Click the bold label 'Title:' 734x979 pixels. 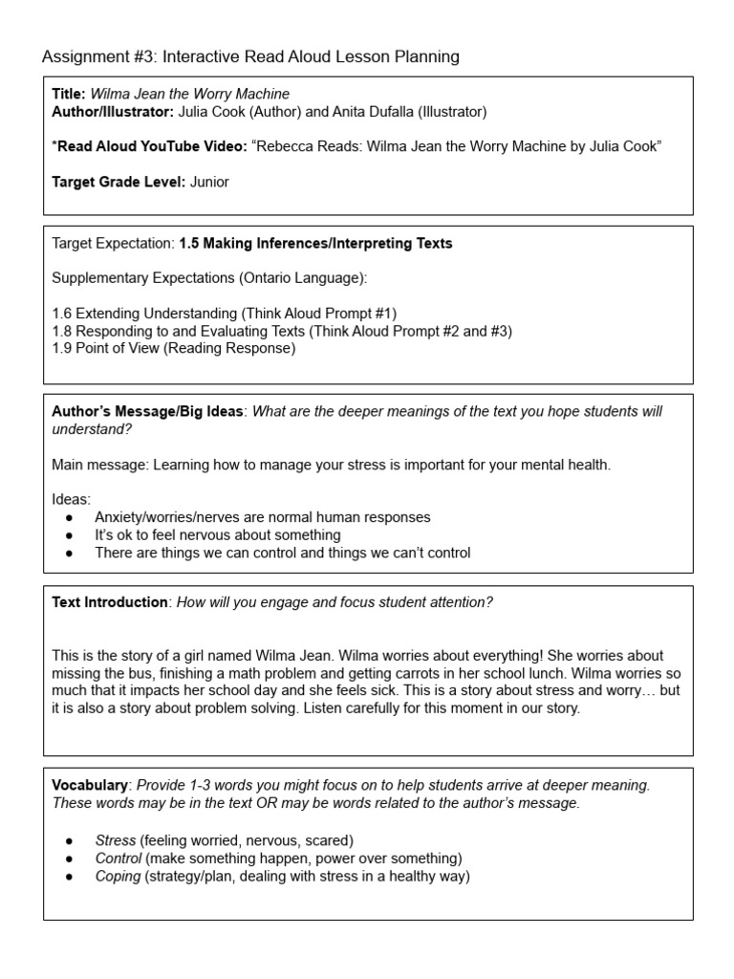69,94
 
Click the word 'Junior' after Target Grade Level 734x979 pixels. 209,182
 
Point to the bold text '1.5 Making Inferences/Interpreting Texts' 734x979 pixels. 315,244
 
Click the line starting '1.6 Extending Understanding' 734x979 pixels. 224,314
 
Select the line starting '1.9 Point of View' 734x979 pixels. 174,348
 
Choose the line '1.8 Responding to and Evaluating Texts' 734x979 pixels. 282,331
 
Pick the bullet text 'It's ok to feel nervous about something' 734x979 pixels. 217,535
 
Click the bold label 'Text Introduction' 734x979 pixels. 109,602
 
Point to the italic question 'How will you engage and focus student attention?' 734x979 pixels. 335,602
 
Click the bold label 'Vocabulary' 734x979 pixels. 90,785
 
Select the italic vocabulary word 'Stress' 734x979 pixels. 115,840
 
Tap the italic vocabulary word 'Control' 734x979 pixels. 118,859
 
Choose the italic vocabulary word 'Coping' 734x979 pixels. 118,876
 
